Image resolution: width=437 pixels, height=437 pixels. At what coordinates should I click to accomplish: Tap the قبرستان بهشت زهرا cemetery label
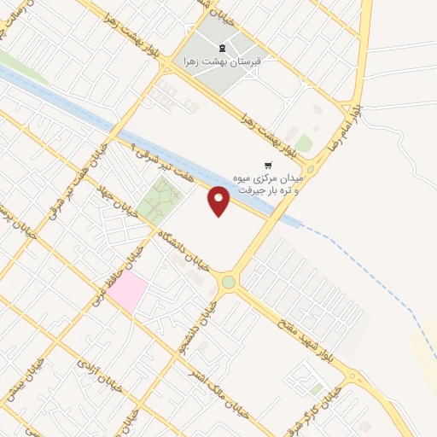click(220, 61)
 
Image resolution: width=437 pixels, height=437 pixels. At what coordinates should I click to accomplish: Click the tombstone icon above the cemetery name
click(221, 48)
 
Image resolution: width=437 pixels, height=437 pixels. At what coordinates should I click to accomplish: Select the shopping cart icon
click(268, 164)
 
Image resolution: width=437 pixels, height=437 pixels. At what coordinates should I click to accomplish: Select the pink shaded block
click(125, 291)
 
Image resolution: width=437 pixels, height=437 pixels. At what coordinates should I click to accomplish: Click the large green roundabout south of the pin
click(228, 283)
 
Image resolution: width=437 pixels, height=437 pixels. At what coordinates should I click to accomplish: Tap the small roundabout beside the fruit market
click(311, 169)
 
